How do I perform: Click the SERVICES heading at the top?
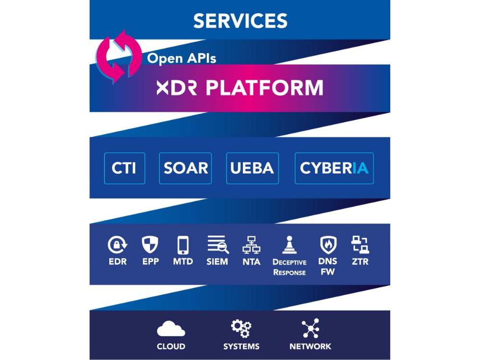click(x=240, y=21)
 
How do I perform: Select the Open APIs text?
click(x=181, y=59)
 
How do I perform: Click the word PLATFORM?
click(x=264, y=88)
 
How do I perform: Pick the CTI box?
click(x=124, y=168)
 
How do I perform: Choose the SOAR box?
click(x=186, y=168)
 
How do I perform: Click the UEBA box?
click(x=252, y=168)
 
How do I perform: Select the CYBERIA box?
click(x=334, y=168)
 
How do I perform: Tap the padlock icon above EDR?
click(x=117, y=245)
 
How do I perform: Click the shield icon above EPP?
click(x=150, y=245)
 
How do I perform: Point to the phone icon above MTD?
click(x=183, y=245)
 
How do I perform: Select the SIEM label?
click(x=217, y=262)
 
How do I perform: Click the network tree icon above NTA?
click(x=251, y=245)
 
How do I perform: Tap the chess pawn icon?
click(x=289, y=245)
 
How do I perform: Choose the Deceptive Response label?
click(x=289, y=267)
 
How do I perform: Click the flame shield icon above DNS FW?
click(x=328, y=245)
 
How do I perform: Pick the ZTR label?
click(x=360, y=262)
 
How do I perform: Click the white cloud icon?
click(x=171, y=329)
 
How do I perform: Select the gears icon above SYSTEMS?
click(x=240, y=329)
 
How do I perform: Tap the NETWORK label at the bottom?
click(x=310, y=347)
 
